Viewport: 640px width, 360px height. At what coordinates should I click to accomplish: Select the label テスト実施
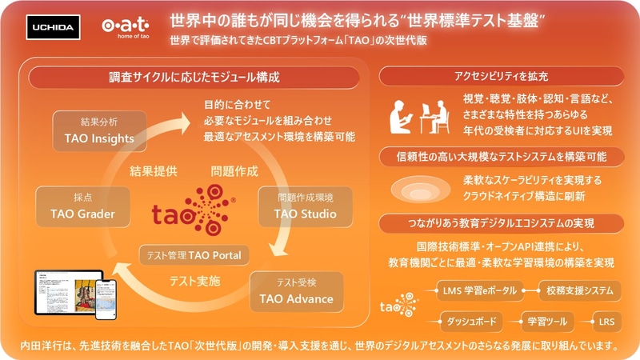coord(194,281)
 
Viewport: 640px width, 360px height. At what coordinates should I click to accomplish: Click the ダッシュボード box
coord(470,322)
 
